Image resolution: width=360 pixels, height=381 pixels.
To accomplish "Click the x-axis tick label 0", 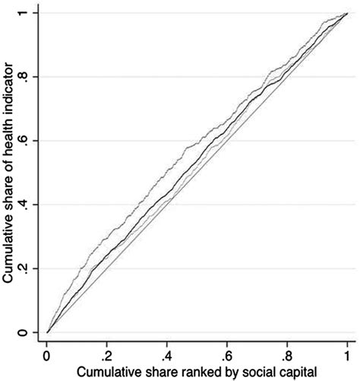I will pos(47,354).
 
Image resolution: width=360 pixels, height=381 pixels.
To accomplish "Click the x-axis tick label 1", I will pos(346,354).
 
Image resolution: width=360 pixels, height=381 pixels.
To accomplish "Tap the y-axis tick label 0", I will pos(28,332).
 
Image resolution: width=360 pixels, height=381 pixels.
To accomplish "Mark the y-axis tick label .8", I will pos(28,77).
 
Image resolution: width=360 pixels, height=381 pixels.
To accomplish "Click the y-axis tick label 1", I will pos(28,14).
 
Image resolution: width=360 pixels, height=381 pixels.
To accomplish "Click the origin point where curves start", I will pos(47,332).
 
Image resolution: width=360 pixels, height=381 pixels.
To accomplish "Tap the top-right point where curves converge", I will pos(346,14).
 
